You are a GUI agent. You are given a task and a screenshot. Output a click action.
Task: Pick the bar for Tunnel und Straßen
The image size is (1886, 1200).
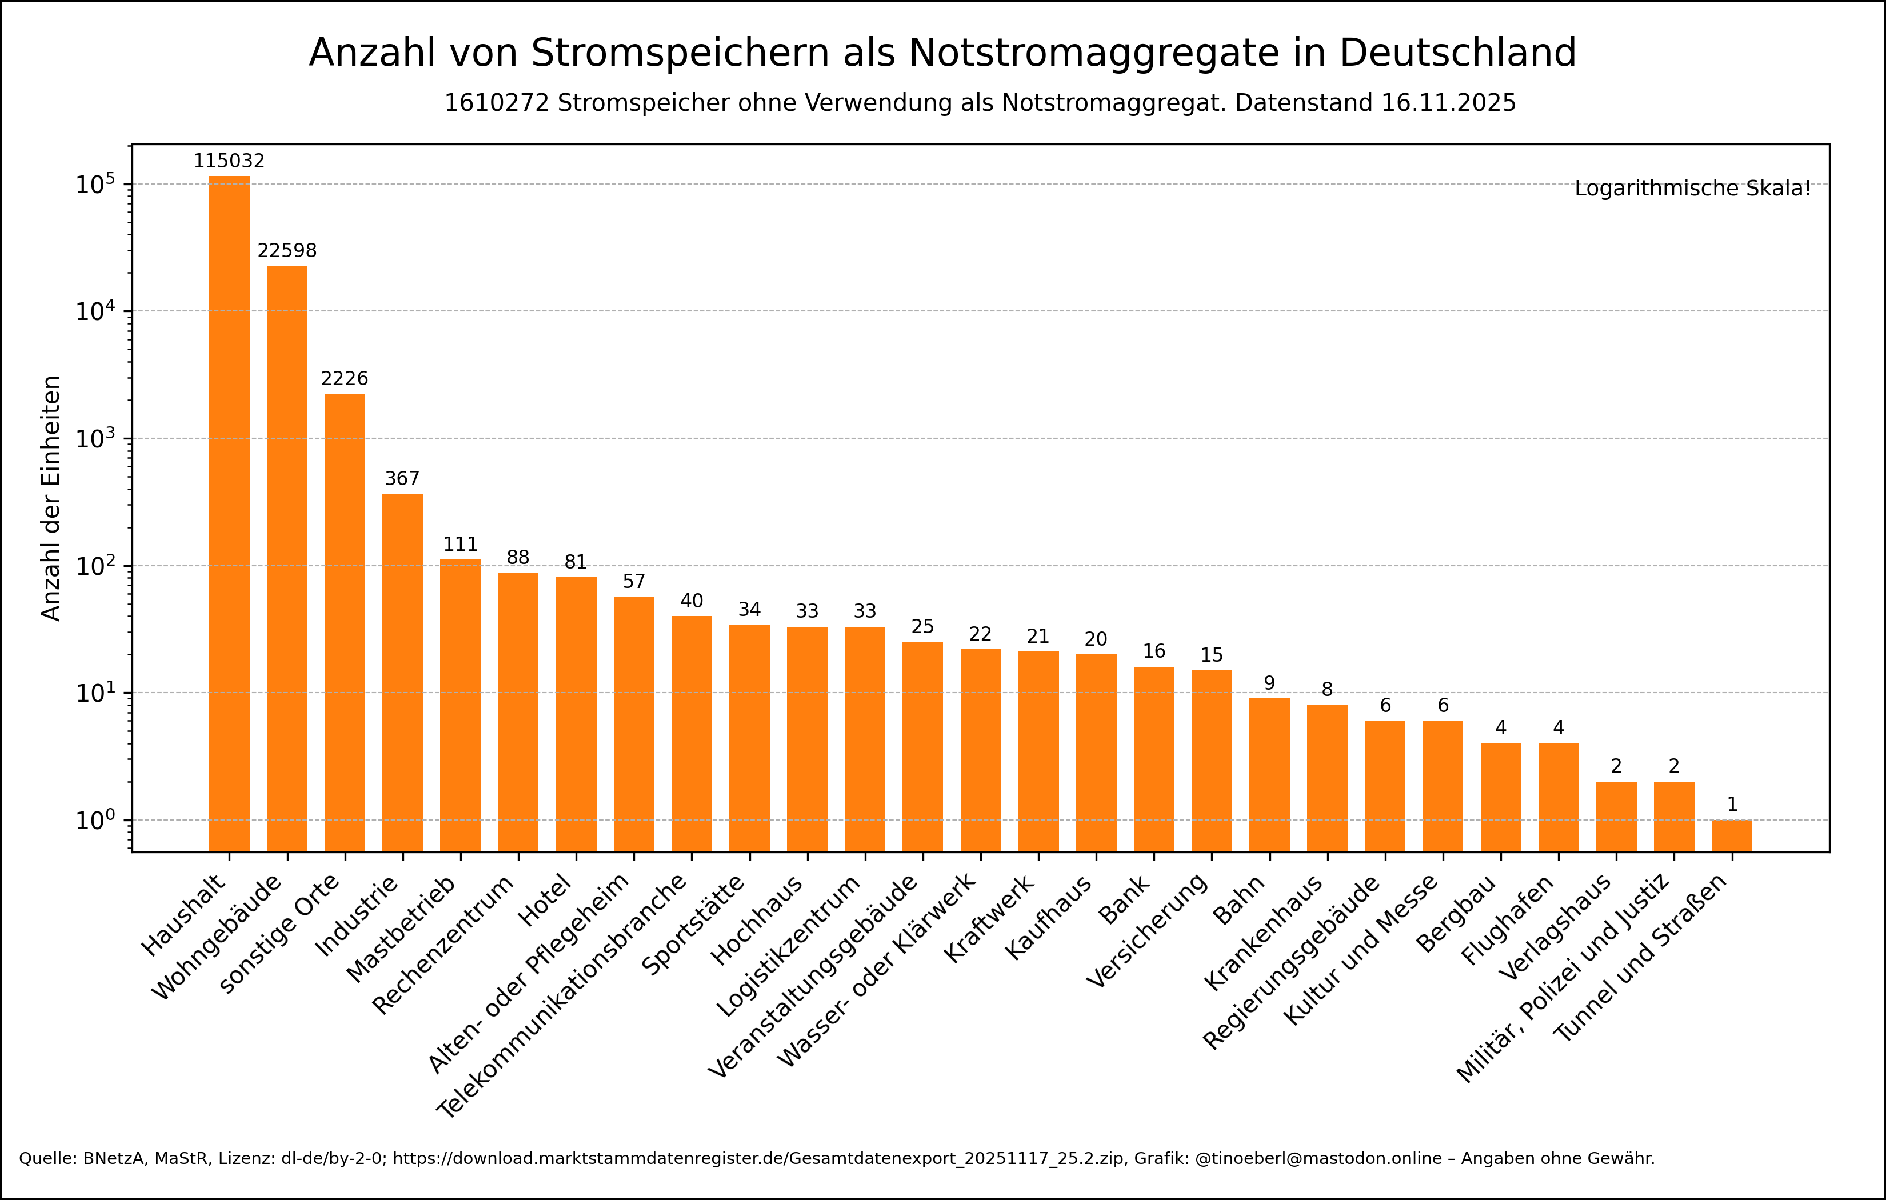[x=1732, y=836]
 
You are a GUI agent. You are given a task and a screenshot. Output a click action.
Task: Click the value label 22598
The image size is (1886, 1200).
[x=287, y=251]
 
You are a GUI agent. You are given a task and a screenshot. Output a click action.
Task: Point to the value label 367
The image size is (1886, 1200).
[x=402, y=479]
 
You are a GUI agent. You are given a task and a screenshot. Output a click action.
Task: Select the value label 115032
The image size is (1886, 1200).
[x=230, y=161]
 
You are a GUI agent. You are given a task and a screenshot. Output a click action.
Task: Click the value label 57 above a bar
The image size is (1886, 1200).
[x=634, y=581]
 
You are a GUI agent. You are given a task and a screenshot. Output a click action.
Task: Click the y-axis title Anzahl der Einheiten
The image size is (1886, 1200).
[x=51, y=498]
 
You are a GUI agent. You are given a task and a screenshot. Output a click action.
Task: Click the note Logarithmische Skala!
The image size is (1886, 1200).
[x=1693, y=189]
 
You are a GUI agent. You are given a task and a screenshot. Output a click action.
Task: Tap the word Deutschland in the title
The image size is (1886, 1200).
[x=1457, y=53]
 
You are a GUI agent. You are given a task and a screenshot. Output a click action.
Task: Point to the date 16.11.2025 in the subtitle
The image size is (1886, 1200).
[x=1448, y=103]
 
